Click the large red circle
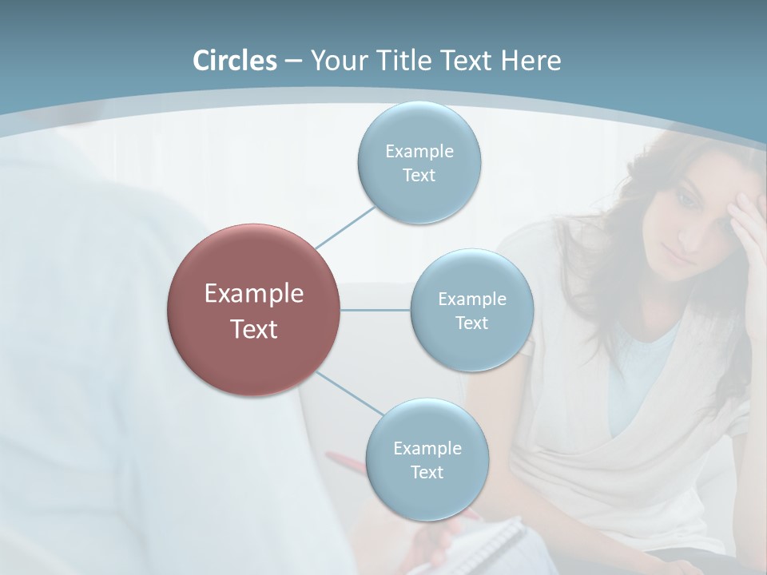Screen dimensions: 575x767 coord(253,310)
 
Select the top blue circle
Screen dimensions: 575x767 coord(419,163)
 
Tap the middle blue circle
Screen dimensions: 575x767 coord(471,310)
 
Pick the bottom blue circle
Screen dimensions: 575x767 coord(427,459)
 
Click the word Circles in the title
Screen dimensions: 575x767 coord(234,61)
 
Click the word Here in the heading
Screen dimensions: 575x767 coord(531,61)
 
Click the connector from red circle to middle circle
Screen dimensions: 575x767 coord(375,310)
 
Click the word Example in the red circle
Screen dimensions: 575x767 coord(253,293)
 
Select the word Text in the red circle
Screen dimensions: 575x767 coord(253,329)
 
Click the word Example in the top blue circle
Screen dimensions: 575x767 coord(419,151)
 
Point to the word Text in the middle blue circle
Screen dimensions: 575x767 coord(471,323)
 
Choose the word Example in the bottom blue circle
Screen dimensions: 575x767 coord(427,448)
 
